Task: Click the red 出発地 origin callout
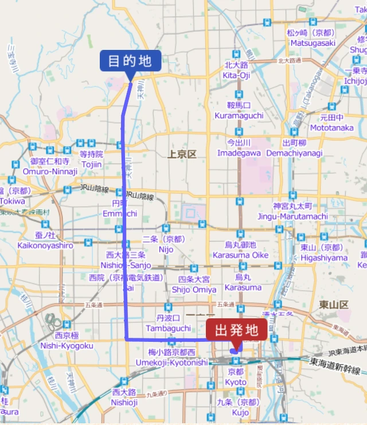[x=240, y=331]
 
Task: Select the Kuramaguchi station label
[x=239, y=111]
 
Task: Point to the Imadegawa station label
[x=239, y=149]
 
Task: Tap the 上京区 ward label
[x=182, y=154]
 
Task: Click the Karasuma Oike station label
[x=240, y=250]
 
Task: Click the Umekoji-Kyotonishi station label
[x=171, y=358]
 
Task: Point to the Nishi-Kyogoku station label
[x=67, y=341]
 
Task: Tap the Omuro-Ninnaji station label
[x=50, y=166]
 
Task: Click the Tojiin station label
[x=91, y=159]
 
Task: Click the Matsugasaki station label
[x=313, y=38]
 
